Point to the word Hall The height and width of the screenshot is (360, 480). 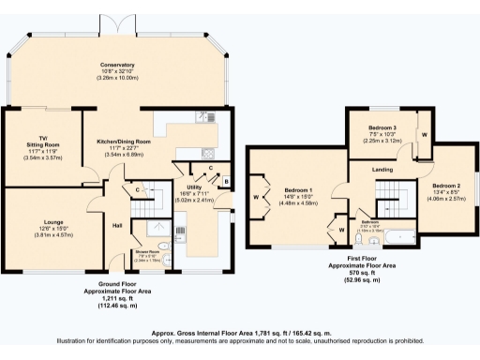pyautogui.click(x=118, y=225)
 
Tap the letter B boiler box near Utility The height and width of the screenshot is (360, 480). pyautogui.click(x=227, y=179)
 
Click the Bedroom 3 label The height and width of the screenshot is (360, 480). pyautogui.click(x=381, y=125)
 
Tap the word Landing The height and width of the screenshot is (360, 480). pyautogui.click(x=382, y=170)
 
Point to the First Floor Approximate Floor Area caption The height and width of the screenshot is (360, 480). pyautogui.click(x=374, y=266)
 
